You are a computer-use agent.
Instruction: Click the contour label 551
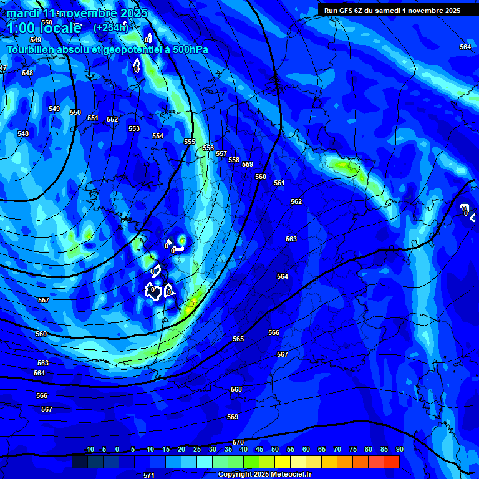click(93, 118)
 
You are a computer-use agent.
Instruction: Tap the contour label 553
click(134, 128)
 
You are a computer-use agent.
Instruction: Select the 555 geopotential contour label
click(190, 142)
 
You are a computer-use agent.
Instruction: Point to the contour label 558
click(234, 160)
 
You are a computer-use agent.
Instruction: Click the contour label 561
click(279, 183)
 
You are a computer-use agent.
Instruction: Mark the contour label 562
click(296, 201)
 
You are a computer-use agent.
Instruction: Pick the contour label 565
click(238, 339)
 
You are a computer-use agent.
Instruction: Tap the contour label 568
click(236, 389)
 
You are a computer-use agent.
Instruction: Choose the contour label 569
click(233, 417)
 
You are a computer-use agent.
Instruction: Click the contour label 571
click(149, 475)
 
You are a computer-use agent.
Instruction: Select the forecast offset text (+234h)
click(111, 27)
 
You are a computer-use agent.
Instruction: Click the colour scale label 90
click(399, 449)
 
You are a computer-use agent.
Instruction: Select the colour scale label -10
click(89, 449)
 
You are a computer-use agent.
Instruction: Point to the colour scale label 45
click(259, 449)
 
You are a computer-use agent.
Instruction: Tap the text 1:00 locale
click(44, 28)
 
